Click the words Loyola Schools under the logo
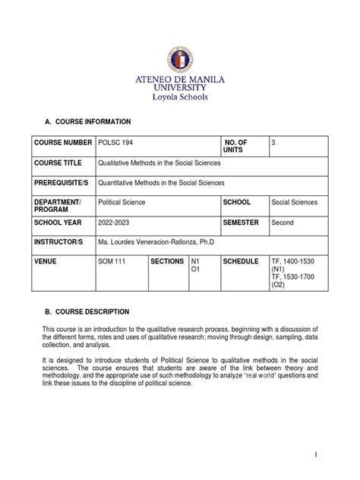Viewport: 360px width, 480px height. pyautogui.click(x=180, y=97)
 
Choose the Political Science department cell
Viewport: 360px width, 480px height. pyautogui.click(x=123, y=204)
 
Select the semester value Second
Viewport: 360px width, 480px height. pyautogui.click(x=283, y=223)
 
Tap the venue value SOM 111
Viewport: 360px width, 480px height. pyautogui.click(x=113, y=261)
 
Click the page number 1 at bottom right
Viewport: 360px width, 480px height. pyautogui.click(x=333, y=453)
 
